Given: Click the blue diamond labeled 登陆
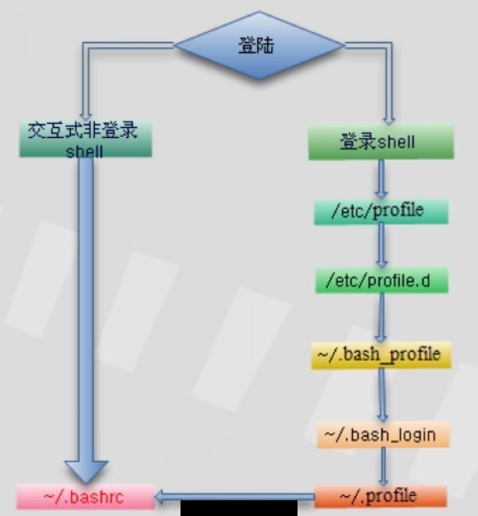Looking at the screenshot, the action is tap(259, 45).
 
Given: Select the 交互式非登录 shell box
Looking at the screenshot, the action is tap(86, 139).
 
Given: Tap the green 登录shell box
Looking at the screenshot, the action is tap(381, 142).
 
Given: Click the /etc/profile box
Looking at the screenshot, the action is tap(381, 211).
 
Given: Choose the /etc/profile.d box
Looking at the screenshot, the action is tap(382, 281).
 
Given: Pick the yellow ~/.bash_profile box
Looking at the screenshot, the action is tap(381, 355).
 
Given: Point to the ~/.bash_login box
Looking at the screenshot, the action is tap(383, 434).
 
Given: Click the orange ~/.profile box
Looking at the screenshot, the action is tap(381, 496).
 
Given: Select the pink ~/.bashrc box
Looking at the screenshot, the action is tap(86, 496).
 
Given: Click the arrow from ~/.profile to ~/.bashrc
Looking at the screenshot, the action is tap(235, 497).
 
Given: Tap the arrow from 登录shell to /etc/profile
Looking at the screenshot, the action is tap(381, 179).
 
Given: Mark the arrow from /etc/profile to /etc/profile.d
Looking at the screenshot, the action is tap(382, 246).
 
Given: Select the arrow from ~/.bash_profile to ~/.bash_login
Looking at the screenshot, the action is tap(382, 395).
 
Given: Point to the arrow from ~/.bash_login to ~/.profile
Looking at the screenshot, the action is tap(382, 466).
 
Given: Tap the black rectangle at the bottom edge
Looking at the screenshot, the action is tap(239, 508).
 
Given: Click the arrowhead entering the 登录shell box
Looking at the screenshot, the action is tap(389, 120).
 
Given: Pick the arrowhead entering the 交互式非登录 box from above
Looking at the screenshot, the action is tap(86, 117).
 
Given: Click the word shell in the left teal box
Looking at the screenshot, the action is tap(84, 151).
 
